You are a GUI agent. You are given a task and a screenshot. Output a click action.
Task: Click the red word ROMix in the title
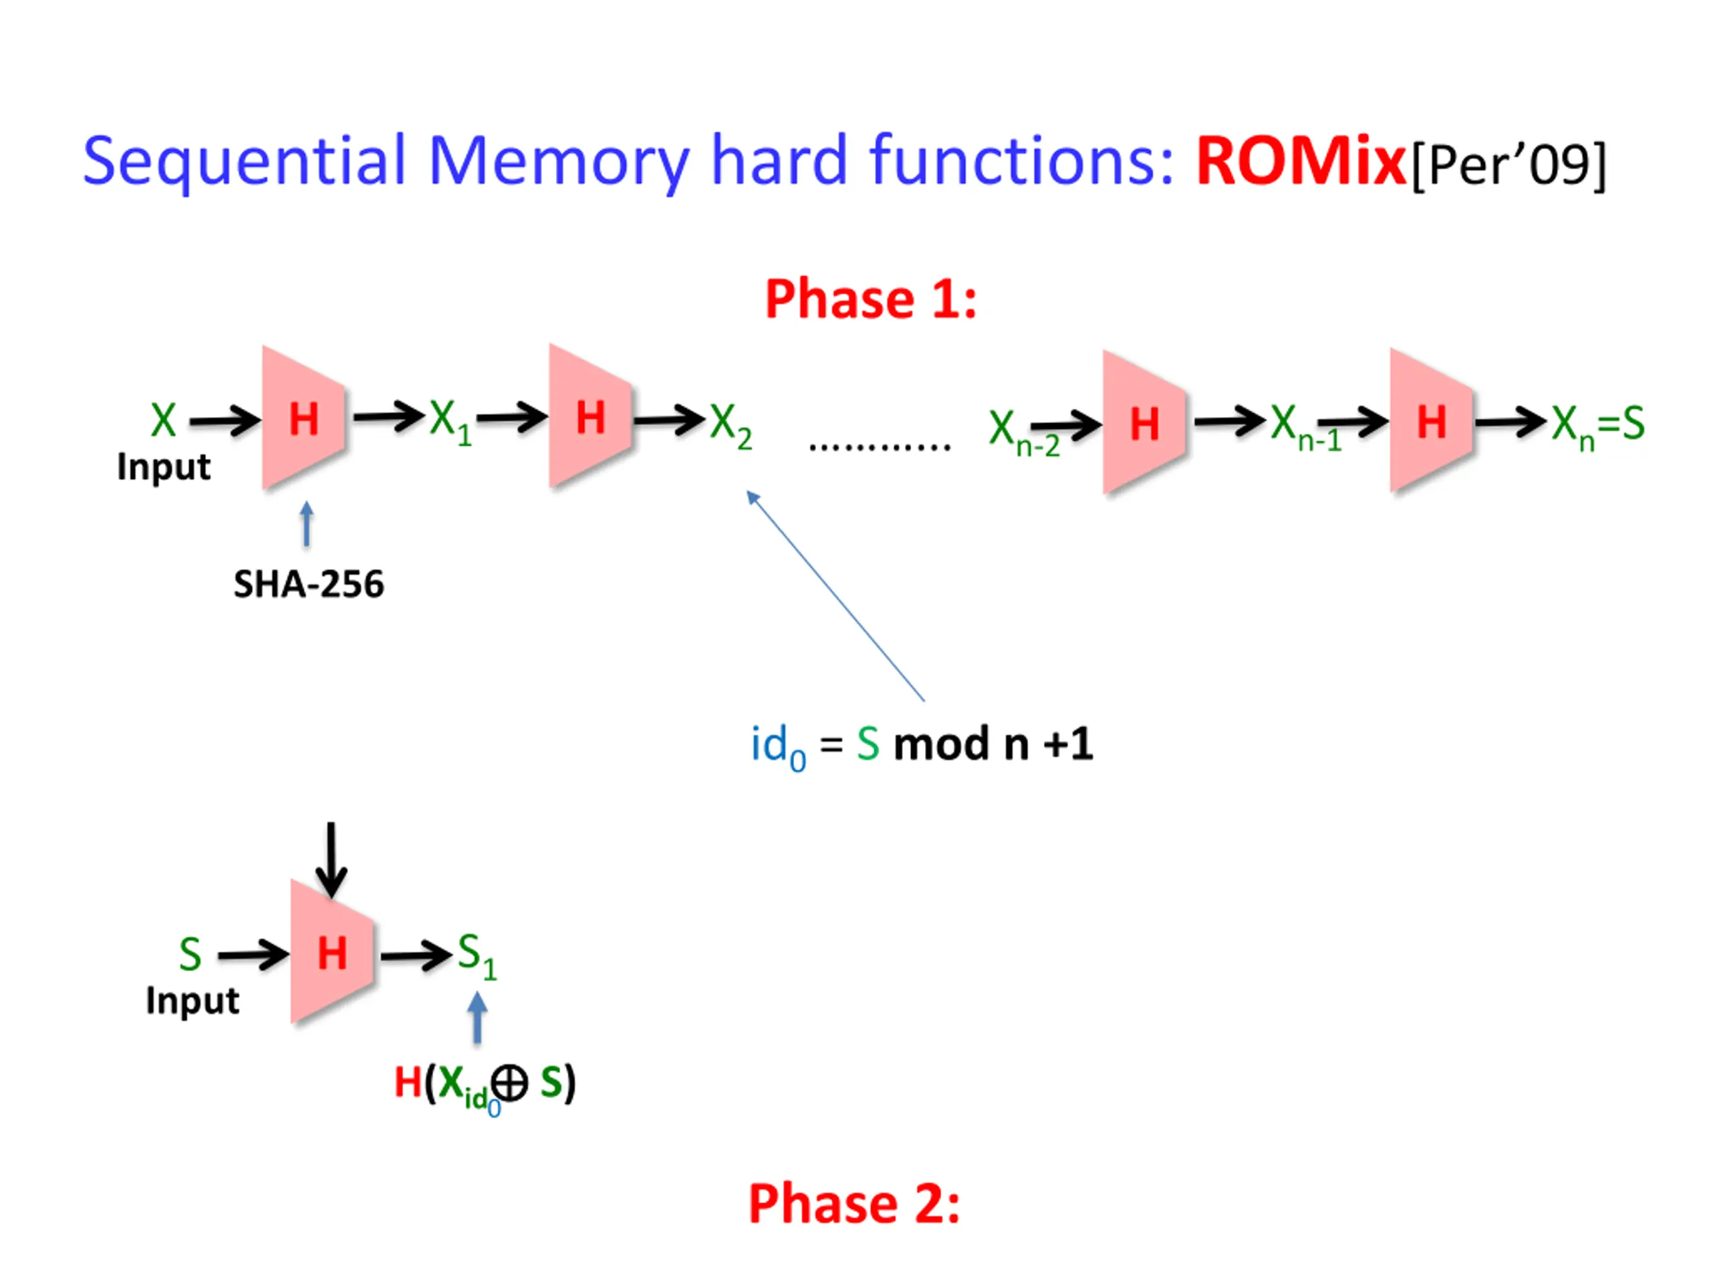[x=1299, y=161]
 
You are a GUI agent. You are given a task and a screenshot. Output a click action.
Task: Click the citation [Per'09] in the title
[x=1508, y=164]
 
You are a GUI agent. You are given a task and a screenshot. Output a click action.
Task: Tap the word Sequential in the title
[x=245, y=161]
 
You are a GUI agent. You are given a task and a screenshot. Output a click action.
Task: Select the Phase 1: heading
[x=871, y=299]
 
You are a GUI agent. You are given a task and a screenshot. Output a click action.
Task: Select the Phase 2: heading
[x=854, y=1203]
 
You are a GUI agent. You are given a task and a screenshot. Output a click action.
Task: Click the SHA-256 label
[x=309, y=584]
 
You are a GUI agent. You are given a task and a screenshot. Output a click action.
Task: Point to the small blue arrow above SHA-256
[x=307, y=524]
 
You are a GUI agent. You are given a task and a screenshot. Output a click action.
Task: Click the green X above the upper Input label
[x=163, y=421]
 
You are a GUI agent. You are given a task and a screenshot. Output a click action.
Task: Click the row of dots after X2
[x=880, y=446]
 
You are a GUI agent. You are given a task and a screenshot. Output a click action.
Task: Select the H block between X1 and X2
[x=591, y=418]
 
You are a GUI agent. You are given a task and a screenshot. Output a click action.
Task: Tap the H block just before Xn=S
[x=1431, y=422]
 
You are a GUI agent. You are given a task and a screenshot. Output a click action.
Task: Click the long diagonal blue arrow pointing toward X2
[x=835, y=596]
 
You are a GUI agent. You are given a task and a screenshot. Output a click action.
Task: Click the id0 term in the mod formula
[x=777, y=746]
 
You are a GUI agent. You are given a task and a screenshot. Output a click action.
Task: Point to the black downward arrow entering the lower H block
[x=331, y=859]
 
